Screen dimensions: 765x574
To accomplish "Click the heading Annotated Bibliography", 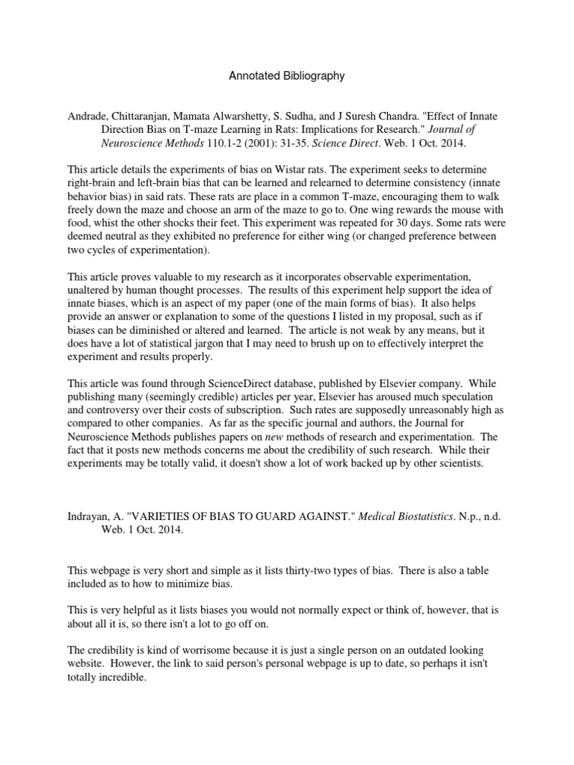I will [x=286, y=75].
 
